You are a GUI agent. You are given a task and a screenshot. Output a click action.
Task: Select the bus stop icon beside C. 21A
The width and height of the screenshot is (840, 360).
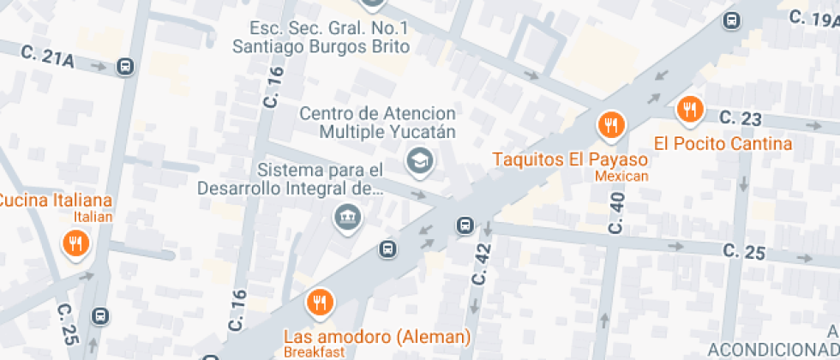[125, 66]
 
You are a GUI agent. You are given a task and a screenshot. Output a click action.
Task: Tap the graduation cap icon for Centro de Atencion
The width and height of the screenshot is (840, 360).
[419, 159]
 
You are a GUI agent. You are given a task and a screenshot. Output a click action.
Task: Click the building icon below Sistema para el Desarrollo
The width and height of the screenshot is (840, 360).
[348, 219]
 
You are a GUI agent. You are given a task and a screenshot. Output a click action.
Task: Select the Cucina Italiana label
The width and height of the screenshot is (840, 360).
[56, 201]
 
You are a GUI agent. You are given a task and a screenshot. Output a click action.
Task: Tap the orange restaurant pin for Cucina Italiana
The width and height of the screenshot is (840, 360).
[76, 244]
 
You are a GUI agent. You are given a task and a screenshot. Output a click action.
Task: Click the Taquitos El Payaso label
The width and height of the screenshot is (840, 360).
[569, 159]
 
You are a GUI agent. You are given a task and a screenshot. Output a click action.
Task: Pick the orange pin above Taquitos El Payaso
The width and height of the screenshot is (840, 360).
[610, 125]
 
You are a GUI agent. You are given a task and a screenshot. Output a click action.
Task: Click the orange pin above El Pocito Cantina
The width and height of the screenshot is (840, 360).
[690, 109]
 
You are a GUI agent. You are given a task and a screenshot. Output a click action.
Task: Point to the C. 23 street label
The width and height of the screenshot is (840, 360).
[741, 117]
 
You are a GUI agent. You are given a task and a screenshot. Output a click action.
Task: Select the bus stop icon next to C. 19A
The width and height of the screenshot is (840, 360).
[732, 20]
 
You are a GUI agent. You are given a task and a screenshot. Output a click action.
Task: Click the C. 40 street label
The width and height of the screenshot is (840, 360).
[617, 213]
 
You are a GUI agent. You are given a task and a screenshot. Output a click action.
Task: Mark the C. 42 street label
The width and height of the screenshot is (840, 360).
[483, 264]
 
